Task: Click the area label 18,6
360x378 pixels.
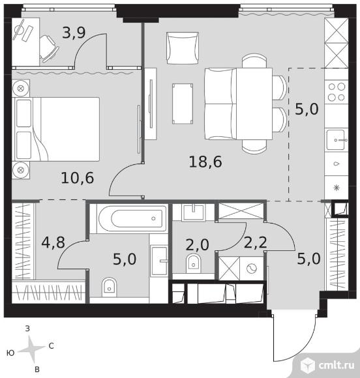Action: (205, 162)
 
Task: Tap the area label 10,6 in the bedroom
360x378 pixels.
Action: (78, 178)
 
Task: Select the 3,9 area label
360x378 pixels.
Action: (74, 33)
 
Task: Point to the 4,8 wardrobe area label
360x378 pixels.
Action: (53, 242)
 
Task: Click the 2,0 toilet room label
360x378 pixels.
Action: (197, 245)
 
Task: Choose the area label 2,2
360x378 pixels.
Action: (255, 242)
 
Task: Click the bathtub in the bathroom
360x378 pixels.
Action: (132, 218)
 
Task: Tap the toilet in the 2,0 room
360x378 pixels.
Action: (193, 264)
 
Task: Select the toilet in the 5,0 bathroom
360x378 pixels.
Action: (110, 287)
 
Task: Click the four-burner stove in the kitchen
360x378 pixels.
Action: (337, 92)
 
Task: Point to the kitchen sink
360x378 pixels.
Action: (337, 140)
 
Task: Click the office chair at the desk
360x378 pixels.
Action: (49, 49)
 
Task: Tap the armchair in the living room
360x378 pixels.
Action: (183, 48)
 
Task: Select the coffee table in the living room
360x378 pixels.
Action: (183, 104)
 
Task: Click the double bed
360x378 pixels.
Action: (57, 129)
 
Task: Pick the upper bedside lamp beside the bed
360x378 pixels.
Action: (21, 89)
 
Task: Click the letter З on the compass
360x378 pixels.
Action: (27, 328)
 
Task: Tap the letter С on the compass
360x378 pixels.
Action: (51, 346)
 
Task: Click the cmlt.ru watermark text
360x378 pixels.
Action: (337, 365)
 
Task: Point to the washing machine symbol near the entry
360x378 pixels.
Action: (252, 269)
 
